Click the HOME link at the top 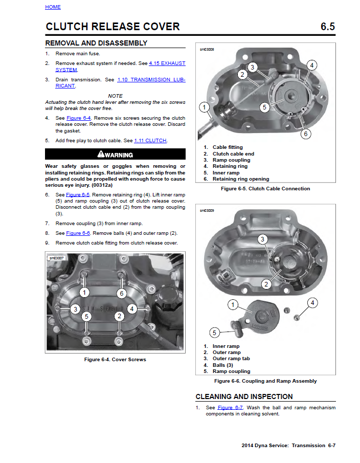pyautogui.click(x=53, y=7)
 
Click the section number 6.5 pyautogui.click(x=327, y=27)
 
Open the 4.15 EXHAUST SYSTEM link pyautogui.click(x=167, y=63)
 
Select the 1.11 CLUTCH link pyautogui.click(x=150, y=141)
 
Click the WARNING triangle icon pyautogui.click(x=101, y=155)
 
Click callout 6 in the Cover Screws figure pyautogui.click(x=121, y=293)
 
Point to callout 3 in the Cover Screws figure pyautogui.click(x=75, y=309)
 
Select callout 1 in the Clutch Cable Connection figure pyautogui.click(x=205, y=107)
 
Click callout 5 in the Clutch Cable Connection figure pyautogui.click(x=264, y=107)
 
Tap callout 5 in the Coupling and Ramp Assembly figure pyautogui.click(x=215, y=333)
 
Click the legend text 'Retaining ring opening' pyautogui.click(x=240, y=179)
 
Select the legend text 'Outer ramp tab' pyautogui.click(x=231, y=359)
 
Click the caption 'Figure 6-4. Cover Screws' pyautogui.click(x=115, y=360)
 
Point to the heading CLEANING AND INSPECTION pyautogui.click(x=244, y=396)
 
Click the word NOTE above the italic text pyautogui.click(x=115, y=96)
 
